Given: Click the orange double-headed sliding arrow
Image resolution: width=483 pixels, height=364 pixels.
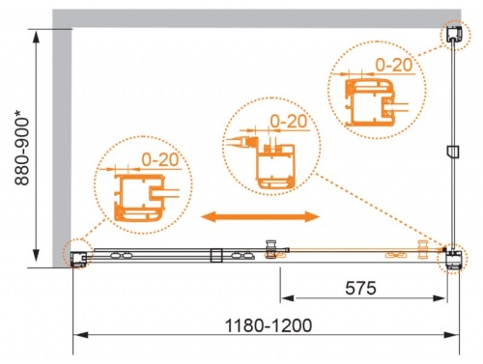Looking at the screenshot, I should click(x=260, y=216).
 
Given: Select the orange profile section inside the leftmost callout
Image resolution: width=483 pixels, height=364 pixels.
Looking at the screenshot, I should click(x=135, y=198).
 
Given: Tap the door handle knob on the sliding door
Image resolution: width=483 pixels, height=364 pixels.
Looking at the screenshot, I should click(x=271, y=248).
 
